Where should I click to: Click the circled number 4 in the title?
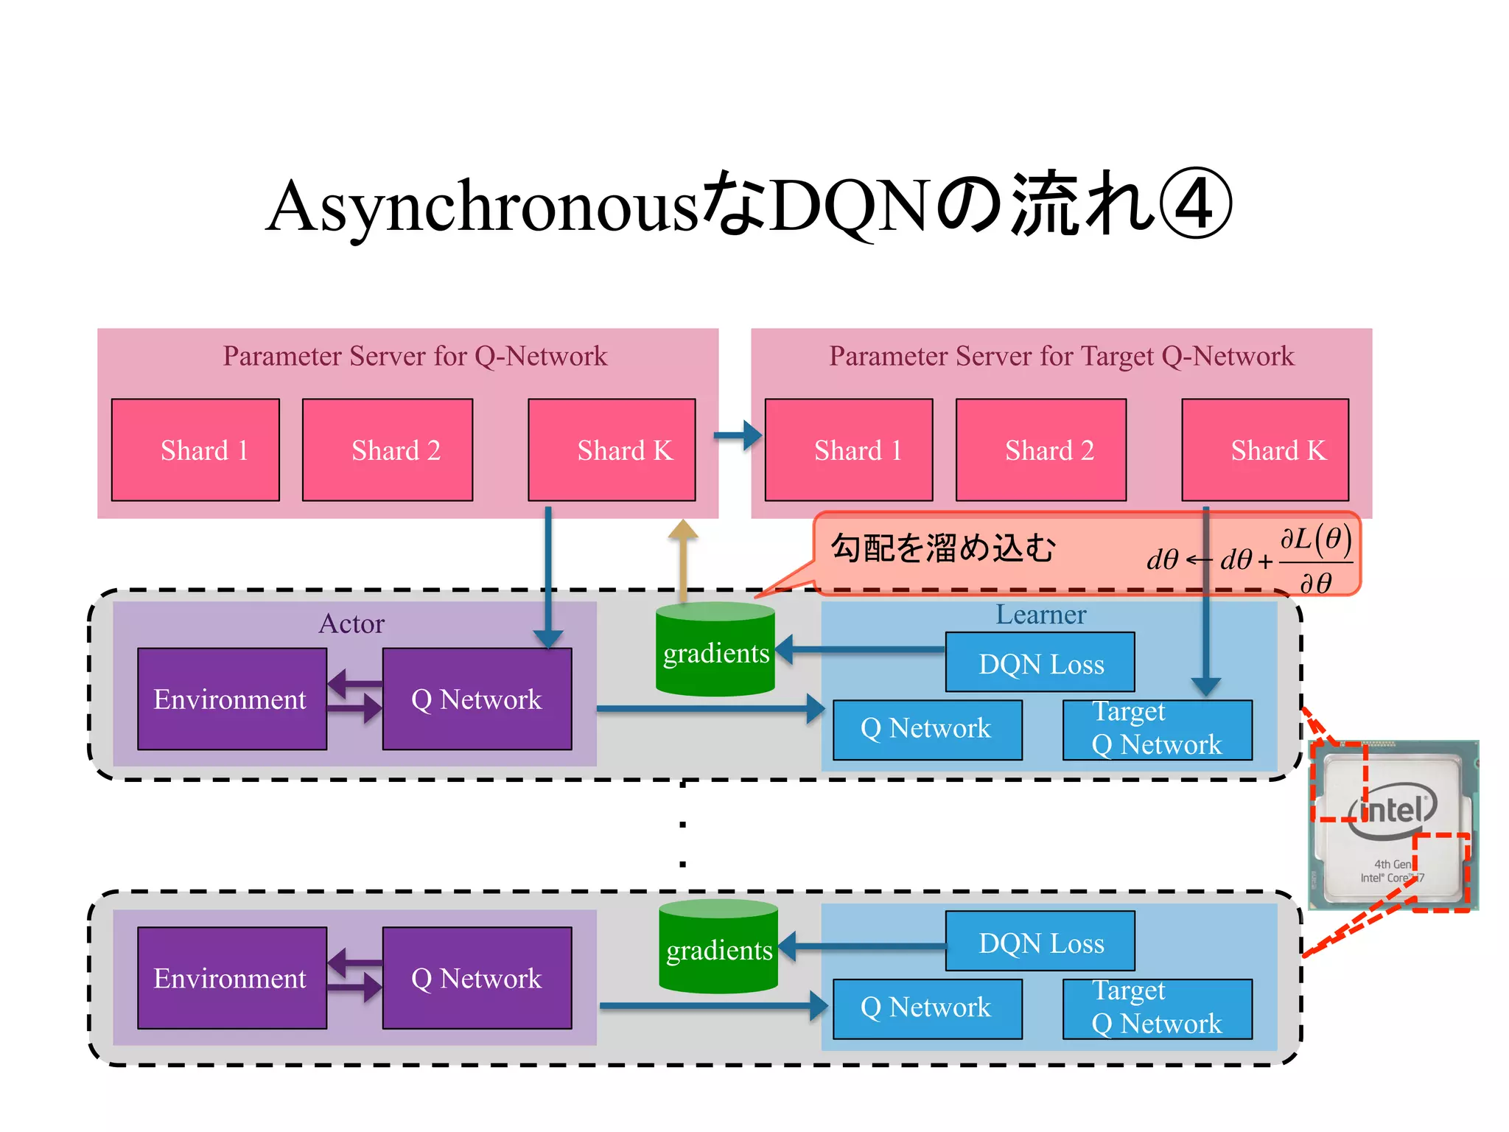(1195, 205)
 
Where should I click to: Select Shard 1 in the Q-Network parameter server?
(195, 450)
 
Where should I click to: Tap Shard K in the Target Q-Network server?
(1265, 450)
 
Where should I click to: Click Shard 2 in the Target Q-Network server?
(1040, 450)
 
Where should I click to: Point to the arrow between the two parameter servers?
(738, 436)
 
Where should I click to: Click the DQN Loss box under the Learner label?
(1040, 663)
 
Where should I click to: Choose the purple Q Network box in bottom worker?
(477, 978)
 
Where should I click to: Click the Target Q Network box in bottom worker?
(1157, 1007)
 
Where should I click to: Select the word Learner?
(1040, 615)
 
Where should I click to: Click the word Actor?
(351, 623)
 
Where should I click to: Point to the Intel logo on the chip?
(1393, 811)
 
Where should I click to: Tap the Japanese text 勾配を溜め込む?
(943, 548)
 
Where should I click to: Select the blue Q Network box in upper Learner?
(927, 729)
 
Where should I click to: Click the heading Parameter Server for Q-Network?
(415, 356)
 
